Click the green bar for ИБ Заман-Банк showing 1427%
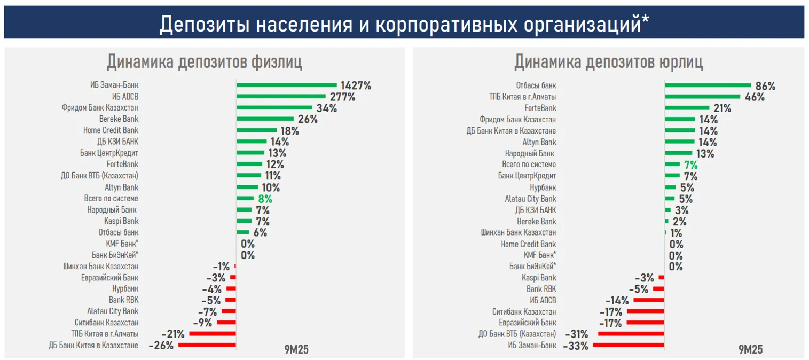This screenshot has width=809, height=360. [x=286, y=85]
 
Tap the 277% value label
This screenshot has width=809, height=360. [x=342, y=97]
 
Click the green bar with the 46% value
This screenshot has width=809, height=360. [x=702, y=97]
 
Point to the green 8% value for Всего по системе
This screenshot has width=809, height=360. [x=265, y=199]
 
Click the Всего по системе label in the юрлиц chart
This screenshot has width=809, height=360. [x=529, y=165]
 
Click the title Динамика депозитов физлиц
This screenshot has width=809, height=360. [x=204, y=62]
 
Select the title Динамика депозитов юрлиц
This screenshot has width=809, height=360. [x=608, y=62]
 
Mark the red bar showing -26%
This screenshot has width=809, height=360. [x=207, y=345]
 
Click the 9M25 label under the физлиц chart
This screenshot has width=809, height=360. [x=296, y=350]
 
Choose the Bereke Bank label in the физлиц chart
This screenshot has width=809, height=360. [x=119, y=119]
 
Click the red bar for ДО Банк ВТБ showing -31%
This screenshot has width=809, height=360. [x=631, y=334]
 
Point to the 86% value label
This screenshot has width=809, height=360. [x=765, y=85]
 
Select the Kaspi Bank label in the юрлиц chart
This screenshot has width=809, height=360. [x=539, y=278]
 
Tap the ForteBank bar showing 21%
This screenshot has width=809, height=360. [x=687, y=108]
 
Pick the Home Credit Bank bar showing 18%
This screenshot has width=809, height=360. [x=256, y=130]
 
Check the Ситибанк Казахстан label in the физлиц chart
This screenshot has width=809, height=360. [x=106, y=323]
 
